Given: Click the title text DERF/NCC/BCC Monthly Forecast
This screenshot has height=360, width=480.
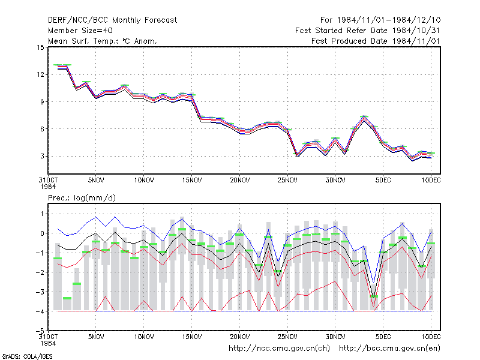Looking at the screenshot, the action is [x=112, y=20].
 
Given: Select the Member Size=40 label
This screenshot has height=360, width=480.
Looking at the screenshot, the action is [x=80, y=31].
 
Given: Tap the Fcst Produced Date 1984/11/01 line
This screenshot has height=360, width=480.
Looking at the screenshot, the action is [x=376, y=41].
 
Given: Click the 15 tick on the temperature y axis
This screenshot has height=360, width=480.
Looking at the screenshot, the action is [x=40, y=47].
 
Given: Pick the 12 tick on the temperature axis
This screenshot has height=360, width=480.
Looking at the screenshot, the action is [x=40, y=74].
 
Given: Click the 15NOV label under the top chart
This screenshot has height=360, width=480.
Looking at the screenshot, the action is [x=192, y=181].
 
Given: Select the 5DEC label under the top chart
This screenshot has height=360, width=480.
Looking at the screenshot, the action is [x=383, y=181].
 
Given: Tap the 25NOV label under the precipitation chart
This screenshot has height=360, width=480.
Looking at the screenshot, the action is [x=287, y=337].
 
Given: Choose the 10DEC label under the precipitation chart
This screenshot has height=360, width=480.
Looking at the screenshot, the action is [x=431, y=337].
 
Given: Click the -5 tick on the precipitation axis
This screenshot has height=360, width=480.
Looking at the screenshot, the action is [x=40, y=331].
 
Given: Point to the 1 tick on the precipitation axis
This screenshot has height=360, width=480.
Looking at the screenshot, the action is [x=42, y=214].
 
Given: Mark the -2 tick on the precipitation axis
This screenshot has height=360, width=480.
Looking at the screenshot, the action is [x=40, y=272].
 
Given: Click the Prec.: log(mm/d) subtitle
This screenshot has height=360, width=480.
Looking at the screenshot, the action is [x=82, y=198].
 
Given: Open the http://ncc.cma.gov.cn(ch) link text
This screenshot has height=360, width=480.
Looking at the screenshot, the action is [x=279, y=349].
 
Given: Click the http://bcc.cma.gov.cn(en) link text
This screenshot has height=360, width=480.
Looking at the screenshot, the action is [x=389, y=349].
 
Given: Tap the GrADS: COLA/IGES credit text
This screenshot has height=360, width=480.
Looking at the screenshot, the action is [x=28, y=356].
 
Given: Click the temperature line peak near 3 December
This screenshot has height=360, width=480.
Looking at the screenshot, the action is [x=364, y=118].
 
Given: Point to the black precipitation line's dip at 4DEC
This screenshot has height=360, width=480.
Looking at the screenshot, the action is [x=373, y=296].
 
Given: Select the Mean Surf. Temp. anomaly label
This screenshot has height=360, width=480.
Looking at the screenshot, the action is [x=103, y=41].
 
